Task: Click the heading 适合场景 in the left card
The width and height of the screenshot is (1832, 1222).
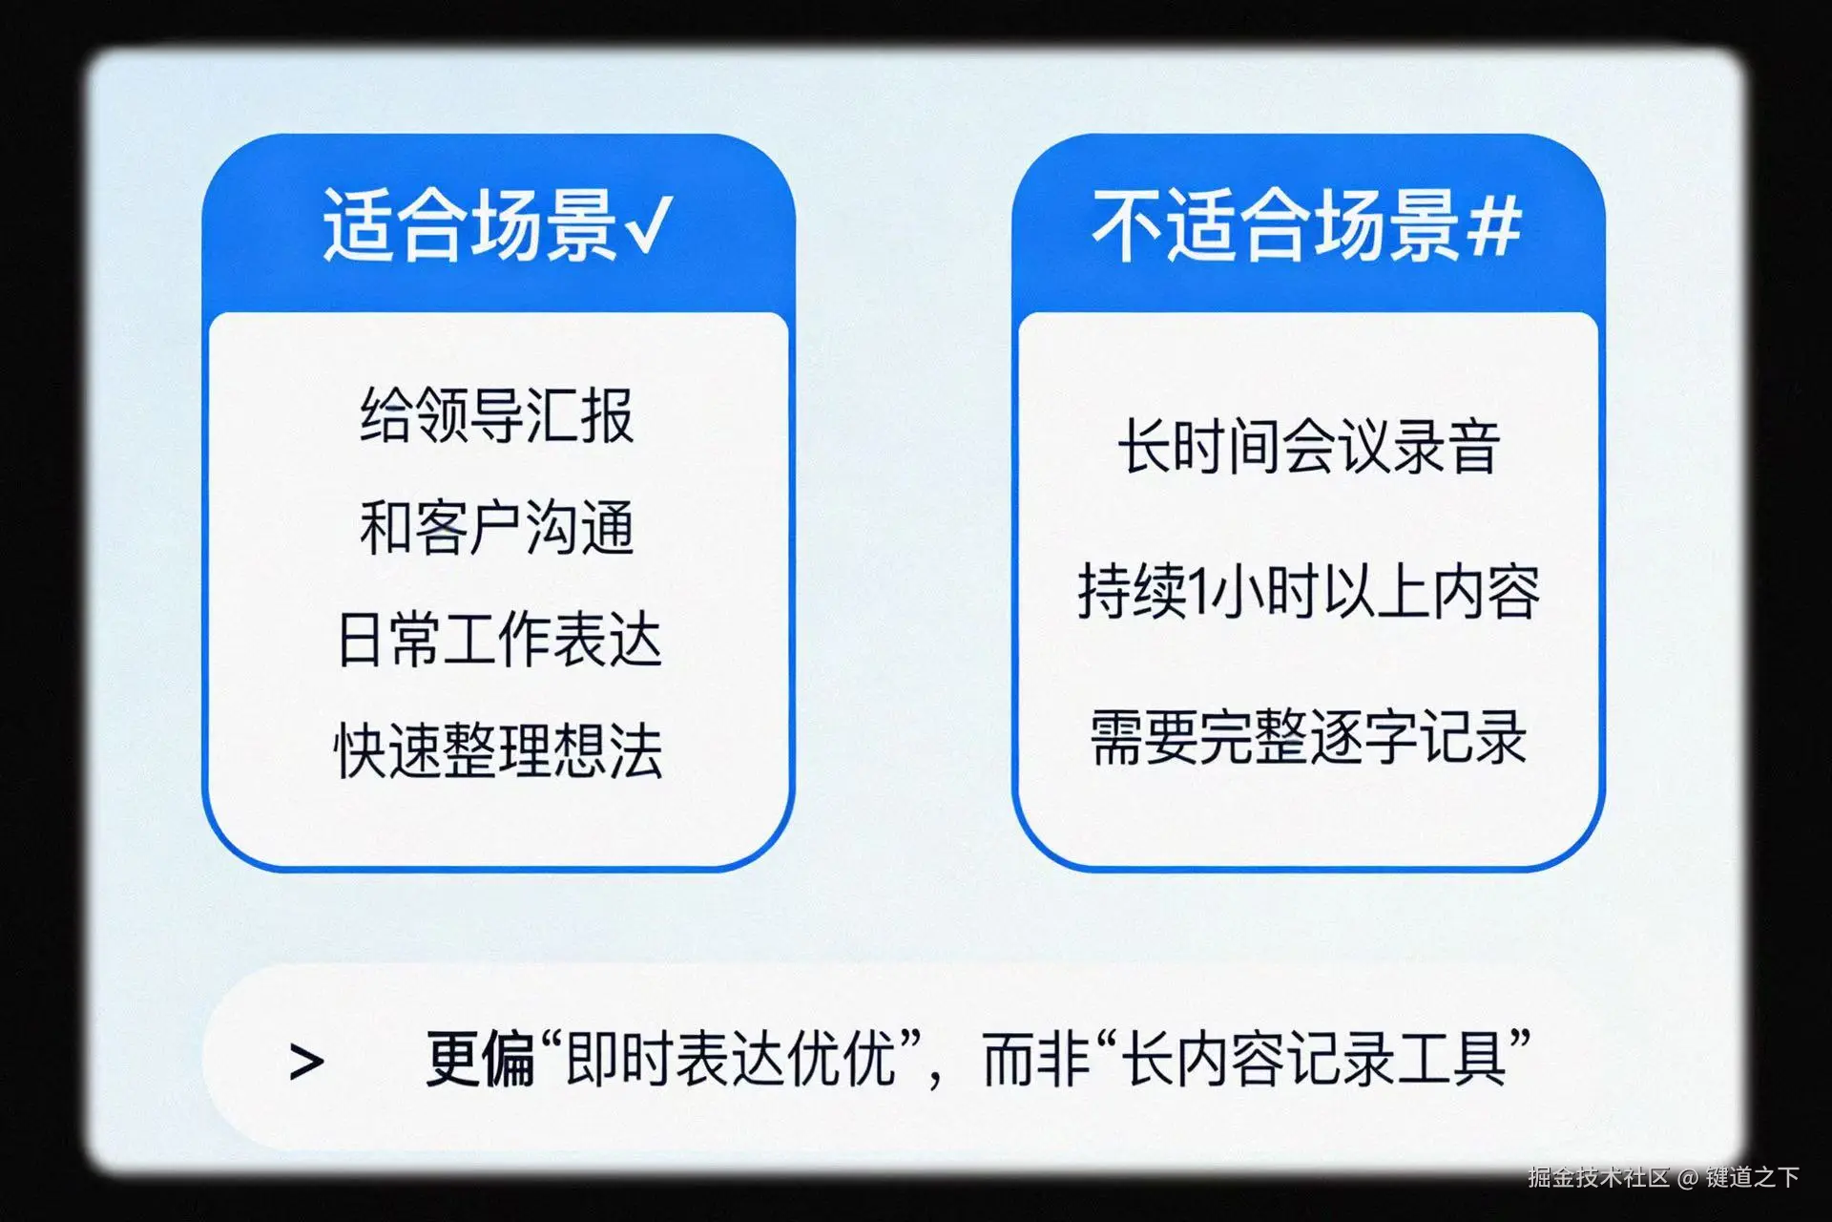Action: (470, 225)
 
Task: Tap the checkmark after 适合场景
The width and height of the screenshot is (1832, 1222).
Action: (649, 225)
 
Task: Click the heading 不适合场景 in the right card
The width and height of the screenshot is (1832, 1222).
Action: (1276, 225)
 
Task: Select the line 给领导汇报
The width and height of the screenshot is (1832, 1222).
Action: (497, 415)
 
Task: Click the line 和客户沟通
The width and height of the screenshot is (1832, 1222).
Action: (497, 527)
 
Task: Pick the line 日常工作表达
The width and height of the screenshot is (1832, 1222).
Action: (499, 639)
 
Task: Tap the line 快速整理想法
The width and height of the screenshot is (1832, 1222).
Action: (499, 750)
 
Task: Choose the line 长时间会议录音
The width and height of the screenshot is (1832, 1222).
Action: (1309, 446)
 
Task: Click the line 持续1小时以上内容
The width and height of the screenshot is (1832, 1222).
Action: (1309, 591)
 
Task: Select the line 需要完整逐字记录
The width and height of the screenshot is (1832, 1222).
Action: (1309, 736)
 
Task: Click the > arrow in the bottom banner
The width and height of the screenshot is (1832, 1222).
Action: (306, 1062)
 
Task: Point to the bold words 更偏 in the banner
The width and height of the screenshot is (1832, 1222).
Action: (480, 1059)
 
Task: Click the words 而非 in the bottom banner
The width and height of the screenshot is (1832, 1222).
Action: (1037, 1059)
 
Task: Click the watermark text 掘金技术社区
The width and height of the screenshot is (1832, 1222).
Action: (1599, 1177)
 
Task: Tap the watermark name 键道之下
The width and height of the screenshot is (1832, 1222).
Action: (1753, 1177)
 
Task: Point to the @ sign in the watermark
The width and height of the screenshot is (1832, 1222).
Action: (1688, 1178)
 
